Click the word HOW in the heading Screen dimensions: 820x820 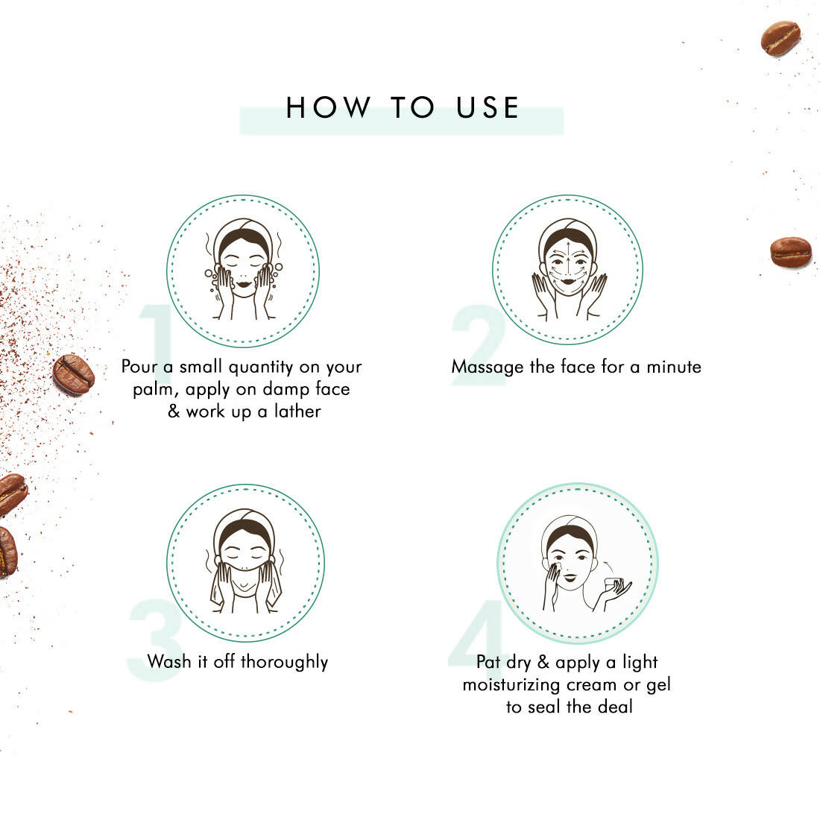tap(327, 107)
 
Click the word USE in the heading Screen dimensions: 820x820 tap(488, 107)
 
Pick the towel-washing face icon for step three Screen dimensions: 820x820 tap(245, 562)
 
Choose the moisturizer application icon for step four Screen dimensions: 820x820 tap(578, 562)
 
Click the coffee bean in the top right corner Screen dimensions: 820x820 tap(780, 38)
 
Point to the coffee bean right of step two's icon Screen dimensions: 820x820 tap(790, 252)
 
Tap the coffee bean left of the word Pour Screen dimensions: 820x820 tap(73, 373)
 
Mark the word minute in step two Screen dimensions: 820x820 tap(673, 367)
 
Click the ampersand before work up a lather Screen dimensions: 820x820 tap(174, 411)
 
